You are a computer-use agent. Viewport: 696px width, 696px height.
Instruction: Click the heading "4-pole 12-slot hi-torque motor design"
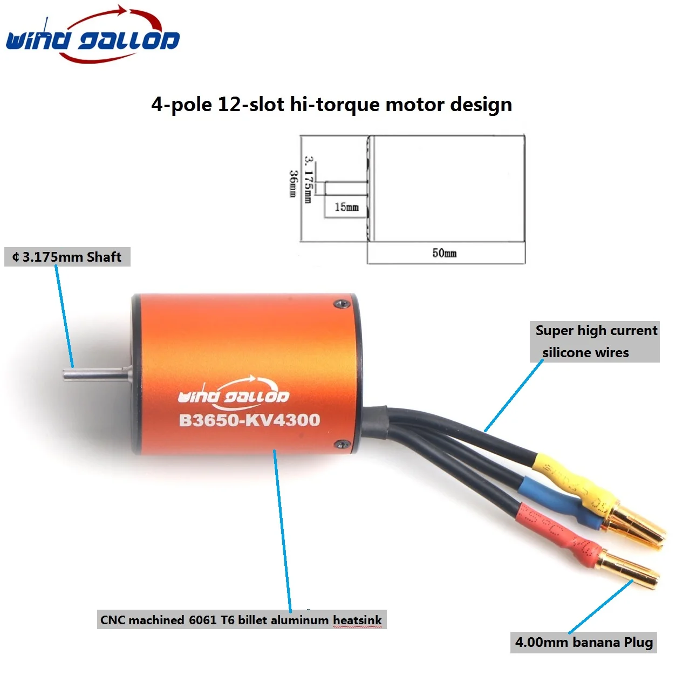click(332, 105)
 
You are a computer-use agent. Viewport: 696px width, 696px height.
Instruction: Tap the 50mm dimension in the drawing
click(445, 253)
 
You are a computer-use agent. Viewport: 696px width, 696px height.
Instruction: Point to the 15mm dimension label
click(346, 207)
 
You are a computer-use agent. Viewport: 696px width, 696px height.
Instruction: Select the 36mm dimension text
click(294, 183)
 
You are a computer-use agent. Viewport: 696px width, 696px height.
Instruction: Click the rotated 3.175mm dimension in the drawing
click(309, 180)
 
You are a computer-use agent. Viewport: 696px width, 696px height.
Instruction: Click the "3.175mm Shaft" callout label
click(67, 257)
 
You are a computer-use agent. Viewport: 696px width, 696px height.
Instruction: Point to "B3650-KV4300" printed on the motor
click(250, 420)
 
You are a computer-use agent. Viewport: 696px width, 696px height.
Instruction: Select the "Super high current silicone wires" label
click(595, 342)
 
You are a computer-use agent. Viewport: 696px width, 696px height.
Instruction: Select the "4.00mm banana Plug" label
click(584, 642)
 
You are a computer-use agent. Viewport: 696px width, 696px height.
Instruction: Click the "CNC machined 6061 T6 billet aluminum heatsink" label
click(242, 620)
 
